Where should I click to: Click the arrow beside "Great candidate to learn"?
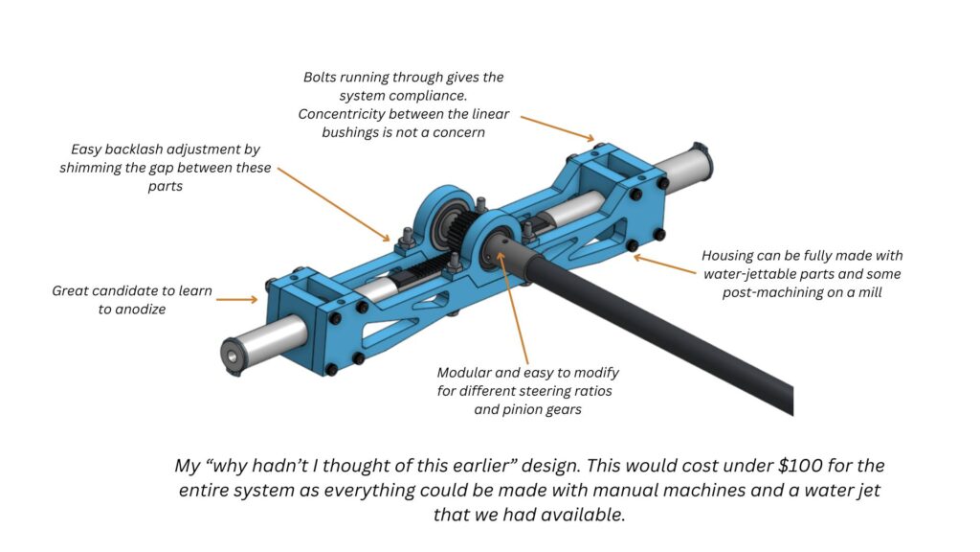pyautogui.click(x=237, y=300)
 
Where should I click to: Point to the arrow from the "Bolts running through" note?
pyautogui.click(x=558, y=128)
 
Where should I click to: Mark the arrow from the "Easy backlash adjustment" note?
pyautogui.click(x=334, y=204)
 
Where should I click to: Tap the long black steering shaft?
pyautogui.click(x=650, y=326)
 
